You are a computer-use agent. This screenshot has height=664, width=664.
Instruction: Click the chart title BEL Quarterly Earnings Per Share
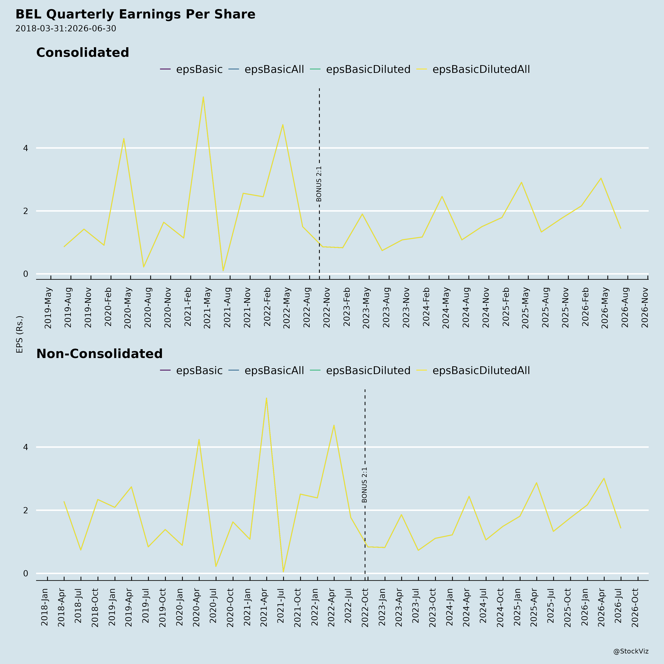tap(135, 14)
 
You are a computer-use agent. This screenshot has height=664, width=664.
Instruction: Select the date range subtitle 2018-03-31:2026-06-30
tap(66, 29)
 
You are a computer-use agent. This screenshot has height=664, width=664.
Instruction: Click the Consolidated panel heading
tap(82, 53)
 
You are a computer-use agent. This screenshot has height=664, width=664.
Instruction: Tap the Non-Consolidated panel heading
tap(99, 354)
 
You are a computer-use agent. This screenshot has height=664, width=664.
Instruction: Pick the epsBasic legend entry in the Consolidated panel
tap(191, 69)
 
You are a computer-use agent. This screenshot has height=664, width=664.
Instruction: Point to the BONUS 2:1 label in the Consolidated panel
tap(319, 184)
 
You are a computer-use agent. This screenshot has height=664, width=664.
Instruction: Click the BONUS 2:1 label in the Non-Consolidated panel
tap(365, 485)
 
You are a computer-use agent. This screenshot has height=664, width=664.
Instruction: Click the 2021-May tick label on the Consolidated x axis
tap(207, 308)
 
